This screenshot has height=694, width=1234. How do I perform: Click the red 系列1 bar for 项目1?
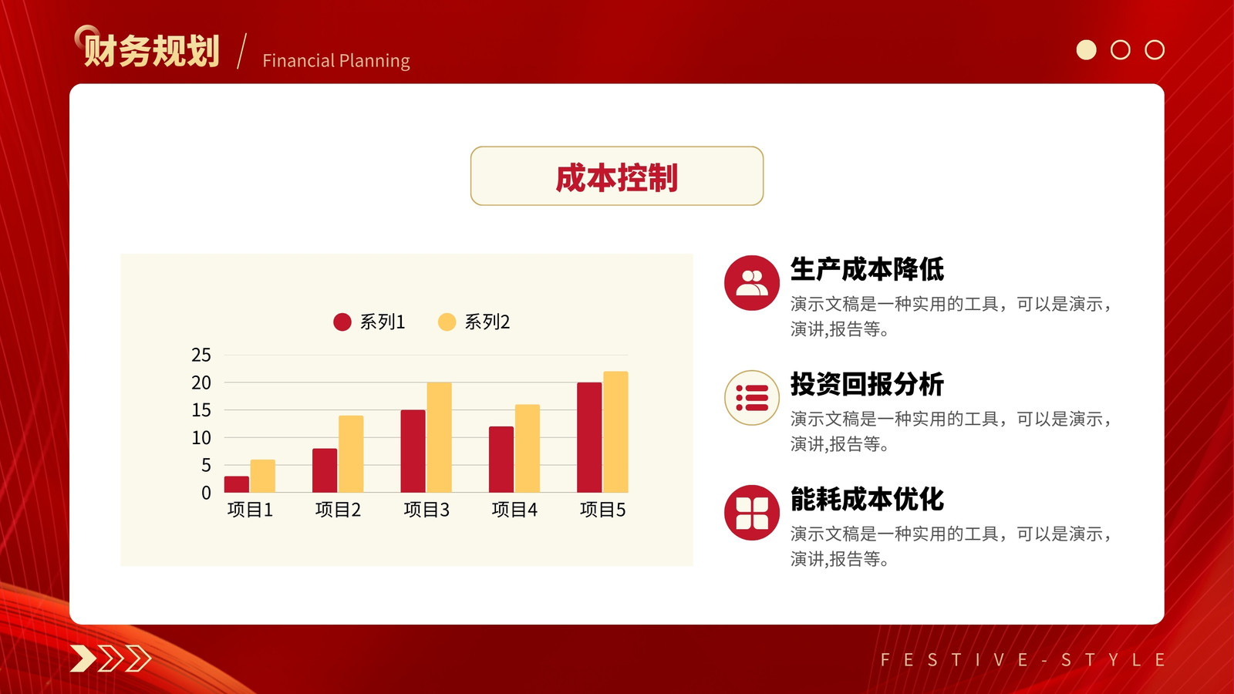click(x=236, y=484)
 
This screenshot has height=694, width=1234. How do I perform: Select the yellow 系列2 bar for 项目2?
click(x=351, y=454)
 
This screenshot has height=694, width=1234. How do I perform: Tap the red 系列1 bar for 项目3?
click(x=413, y=451)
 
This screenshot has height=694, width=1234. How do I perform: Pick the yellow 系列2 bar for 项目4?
click(x=528, y=448)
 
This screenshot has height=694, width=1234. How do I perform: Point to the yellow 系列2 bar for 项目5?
click(x=615, y=432)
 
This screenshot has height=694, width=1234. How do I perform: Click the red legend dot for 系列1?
click(x=342, y=322)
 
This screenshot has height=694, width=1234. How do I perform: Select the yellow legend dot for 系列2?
click(x=447, y=322)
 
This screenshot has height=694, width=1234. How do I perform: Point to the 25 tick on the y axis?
click(x=201, y=355)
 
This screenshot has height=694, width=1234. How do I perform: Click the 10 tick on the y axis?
click(x=201, y=438)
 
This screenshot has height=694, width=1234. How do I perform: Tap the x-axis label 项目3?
click(x=427, y=510)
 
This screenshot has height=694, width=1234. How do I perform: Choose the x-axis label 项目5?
click(x=602, y=510)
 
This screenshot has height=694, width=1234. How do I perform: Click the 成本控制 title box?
click(x=617, y=176)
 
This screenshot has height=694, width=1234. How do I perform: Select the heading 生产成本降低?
click(x=867, y=269)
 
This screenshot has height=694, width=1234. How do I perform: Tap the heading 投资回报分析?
click(x=867, y=384)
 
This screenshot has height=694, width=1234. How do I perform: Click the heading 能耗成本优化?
click(x=867, y=499)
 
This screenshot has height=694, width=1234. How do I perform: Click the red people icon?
click(x=752, y=282)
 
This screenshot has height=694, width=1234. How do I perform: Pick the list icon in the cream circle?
click(x=752, y=398)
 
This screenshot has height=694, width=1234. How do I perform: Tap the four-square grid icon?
click(x=752, y=513)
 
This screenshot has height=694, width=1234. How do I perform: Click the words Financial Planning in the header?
click(x=336, y=61)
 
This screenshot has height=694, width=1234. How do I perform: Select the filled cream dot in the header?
click(x=1087, y=49)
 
